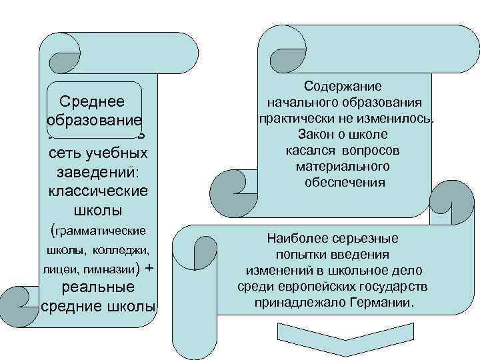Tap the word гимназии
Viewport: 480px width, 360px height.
(109, 271)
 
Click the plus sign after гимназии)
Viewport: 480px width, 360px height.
(149, 268)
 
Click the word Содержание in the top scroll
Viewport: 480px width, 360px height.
(343, 87)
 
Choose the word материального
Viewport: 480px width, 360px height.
(343, 166)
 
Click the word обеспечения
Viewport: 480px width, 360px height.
(344, 182)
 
